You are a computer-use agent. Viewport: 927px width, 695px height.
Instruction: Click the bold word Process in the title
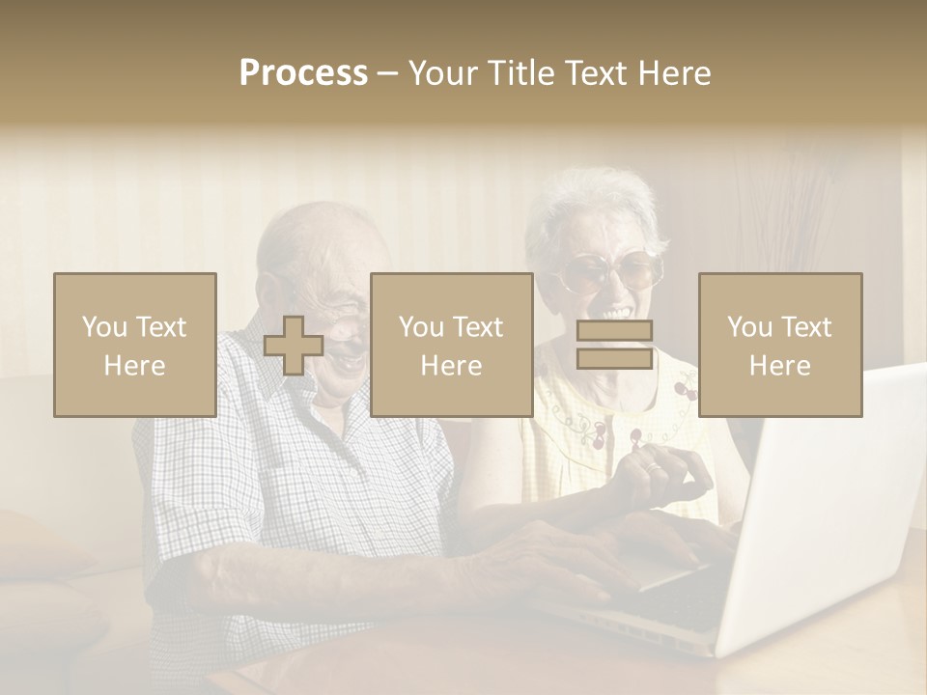click(303, 72)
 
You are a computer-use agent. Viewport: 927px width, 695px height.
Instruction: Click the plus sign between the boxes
click(294, 346)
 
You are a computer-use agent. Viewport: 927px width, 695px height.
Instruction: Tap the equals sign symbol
click(614, 345)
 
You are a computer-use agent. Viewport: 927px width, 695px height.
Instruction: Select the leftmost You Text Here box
click(135, 345)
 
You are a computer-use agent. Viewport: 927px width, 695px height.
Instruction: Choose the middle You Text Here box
click(451, 345)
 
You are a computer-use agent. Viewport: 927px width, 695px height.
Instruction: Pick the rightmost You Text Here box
click(780, 345)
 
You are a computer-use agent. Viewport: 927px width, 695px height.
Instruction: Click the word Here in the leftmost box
click(135, 366)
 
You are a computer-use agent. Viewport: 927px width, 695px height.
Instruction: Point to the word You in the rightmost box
click(750, 327)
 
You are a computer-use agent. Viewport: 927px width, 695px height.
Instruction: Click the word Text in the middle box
click(477, 327)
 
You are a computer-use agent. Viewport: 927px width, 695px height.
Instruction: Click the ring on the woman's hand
click(654, 469)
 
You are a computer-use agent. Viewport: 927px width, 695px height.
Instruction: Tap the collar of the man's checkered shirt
click(280, 357)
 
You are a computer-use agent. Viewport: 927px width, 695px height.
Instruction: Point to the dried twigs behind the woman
click(772, 193)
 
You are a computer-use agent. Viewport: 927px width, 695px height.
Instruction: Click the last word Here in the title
click(676, 72)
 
